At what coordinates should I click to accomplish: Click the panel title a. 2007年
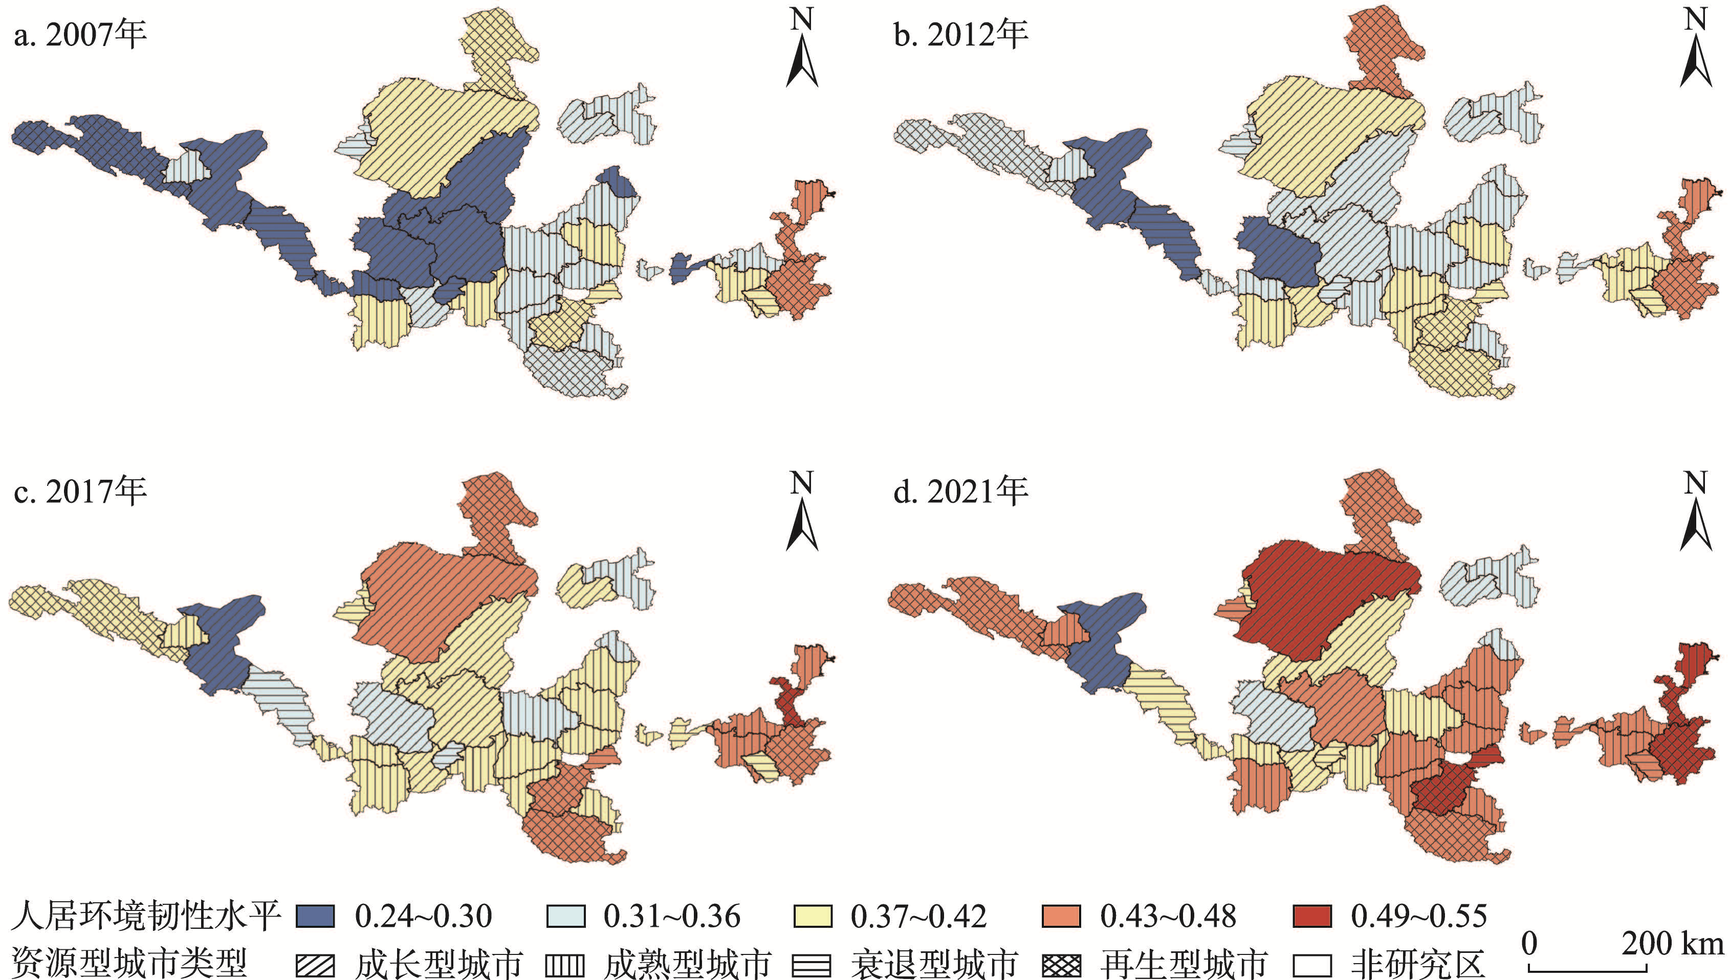pos(79,34)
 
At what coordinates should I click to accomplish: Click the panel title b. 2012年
pos(960,34)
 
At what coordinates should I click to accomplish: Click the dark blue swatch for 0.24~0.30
pos(315,916)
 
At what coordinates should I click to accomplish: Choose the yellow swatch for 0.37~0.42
pos(813,916)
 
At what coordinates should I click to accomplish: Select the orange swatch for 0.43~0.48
pos(1061,916)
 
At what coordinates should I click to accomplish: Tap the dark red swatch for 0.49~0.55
pos(1312,916)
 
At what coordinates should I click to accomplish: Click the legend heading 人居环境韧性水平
pos(145,916)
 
